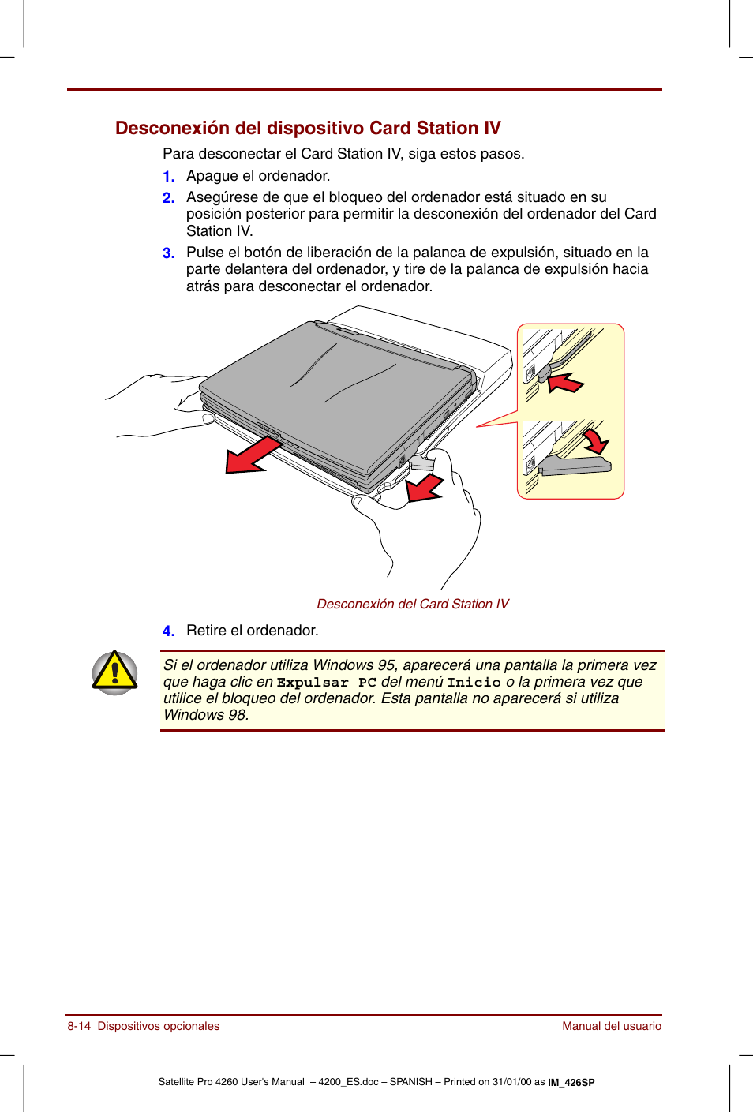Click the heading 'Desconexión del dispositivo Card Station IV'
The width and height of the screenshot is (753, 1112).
[x=308, y=128]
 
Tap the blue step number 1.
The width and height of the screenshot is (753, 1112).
[x=168, y=177]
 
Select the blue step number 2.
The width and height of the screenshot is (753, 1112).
[x=168, y=198]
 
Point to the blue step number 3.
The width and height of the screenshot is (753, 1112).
[x=168, y=253]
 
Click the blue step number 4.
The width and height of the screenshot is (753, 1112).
[x=168, y=631]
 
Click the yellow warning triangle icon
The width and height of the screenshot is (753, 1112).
[x=115, y=672]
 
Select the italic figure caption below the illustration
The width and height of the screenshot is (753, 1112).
[x=412, y=604]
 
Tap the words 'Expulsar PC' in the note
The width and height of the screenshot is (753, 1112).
[x=326, y=683]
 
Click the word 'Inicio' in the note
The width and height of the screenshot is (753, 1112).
[x=474, y=683]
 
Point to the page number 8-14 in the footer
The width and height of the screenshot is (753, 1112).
[x=79, y=1026]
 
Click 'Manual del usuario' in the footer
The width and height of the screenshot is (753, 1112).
[x=611, y=1026]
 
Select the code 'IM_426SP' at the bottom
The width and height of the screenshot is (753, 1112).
[x=571, y=1083]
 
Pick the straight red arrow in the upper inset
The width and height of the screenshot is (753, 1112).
[x=566, y=384]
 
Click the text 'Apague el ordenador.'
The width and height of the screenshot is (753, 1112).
[x=258, y=176]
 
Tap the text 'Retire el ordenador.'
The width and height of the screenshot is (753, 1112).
[x=252, y=631]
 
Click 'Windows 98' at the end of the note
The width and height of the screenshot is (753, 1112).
[x=204, y=715]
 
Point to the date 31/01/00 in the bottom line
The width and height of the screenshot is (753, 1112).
[x=512, y=1082]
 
